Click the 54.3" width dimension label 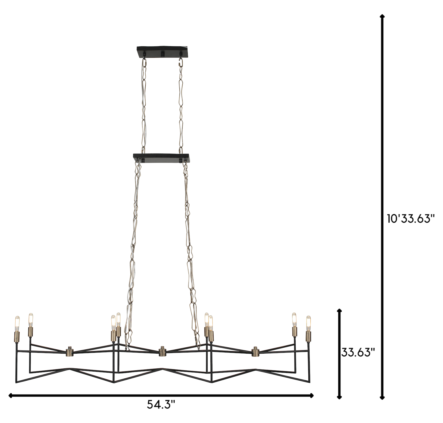pos(161,405)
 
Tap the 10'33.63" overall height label pos(411,219)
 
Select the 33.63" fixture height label pos(358,353)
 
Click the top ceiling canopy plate pos(162,51)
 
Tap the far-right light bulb pos(308,323)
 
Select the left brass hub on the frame pos(70,352)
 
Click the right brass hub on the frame pos(255,352)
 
